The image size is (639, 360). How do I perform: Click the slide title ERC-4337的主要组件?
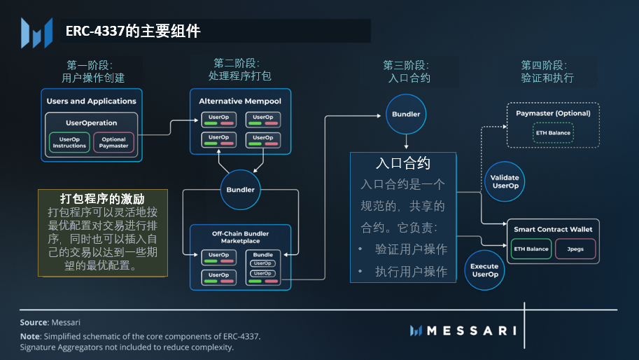click(x=133, y=32)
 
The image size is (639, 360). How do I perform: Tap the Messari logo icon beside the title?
click(x=36, y=32)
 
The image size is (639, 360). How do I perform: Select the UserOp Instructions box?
click(x=70, y=142)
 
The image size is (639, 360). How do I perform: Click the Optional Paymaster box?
click(x=114, y=142)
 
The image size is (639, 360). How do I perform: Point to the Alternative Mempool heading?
click(x=240, y=101)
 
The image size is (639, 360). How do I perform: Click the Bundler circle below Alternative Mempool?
click(x=241, y=190)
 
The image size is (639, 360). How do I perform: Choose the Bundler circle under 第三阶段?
click(x=406, y=113)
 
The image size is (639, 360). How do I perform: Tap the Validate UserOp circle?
click(x=505, y=182)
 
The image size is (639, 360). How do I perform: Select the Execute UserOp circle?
click(x=484, y=270)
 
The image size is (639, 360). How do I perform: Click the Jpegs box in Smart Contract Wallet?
click(x=575, y=249)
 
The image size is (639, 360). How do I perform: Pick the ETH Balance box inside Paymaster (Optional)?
click(x=554, y=132)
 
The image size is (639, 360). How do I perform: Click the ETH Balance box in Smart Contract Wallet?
click(x=531, y=249)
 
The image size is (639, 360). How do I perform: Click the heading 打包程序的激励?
click(x=102, y=198)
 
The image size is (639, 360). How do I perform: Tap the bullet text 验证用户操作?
click(x=411, y=249)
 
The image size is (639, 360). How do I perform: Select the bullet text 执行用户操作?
click(x=411, y=272)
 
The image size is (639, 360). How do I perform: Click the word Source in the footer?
click(x=34, y=322)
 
